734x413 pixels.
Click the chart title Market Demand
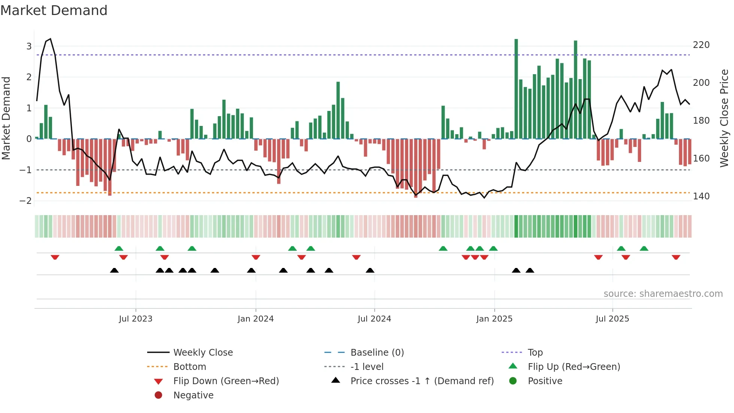tap(54, 10)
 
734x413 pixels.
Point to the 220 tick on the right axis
tap(701, 45)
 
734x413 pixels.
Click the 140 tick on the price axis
tap(701, 196)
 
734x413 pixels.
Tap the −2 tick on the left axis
tap(25, 201)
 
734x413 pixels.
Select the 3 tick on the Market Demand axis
tap(29, 46)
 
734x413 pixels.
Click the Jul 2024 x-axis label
tap(374, 319)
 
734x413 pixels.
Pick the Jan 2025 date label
tap(494, 319)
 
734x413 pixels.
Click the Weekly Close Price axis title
tap(724, 118)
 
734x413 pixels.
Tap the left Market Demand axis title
tap(6, 118)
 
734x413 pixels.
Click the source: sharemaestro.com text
tap(663, 294)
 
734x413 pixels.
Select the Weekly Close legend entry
tap(203, 353)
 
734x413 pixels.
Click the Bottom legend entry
tap(189, 367)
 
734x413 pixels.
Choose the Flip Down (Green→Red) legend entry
tap(226, 381)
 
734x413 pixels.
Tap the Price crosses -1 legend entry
tap(422, 381)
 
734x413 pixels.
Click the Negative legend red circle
tap(158, 395)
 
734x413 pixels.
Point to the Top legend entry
tap(535, 353)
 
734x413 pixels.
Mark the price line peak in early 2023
tap(50, 39)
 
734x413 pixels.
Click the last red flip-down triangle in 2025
tap(676, 257)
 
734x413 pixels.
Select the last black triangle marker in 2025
tap(530, 270)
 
